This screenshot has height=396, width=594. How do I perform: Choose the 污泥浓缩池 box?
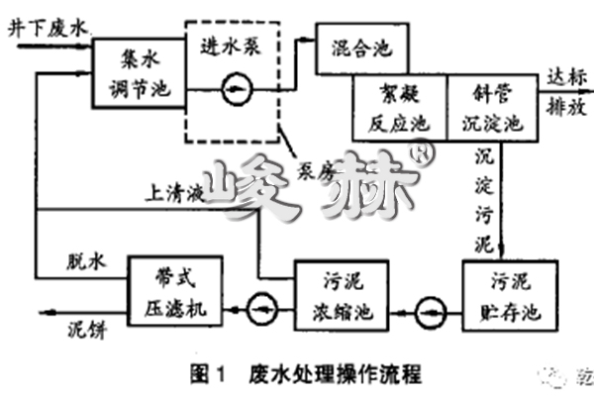[x=337, y=294]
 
